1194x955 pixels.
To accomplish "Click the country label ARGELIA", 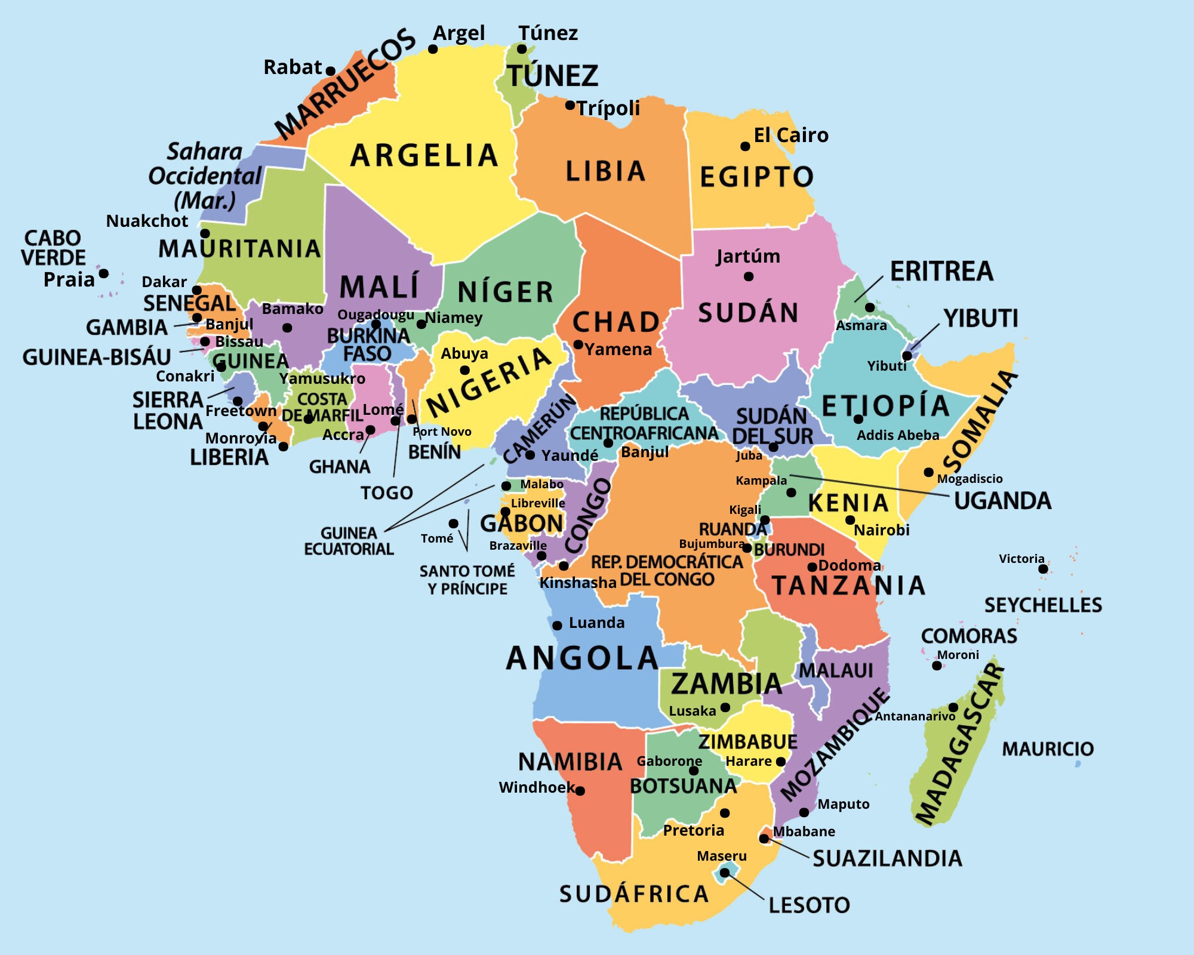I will pos(424,156).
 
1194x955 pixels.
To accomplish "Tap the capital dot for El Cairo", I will pos(745,146).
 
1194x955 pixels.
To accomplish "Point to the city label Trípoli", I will pos(608,108).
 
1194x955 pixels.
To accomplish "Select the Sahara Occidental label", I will pos(204,175).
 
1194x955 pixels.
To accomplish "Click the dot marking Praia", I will pos(103,273).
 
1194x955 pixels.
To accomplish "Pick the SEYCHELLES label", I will pos(1043,605).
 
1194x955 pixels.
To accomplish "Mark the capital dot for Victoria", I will pos(1043,569).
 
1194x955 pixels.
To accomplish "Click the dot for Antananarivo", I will pos(953,707).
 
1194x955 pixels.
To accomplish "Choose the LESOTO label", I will pos(809,905).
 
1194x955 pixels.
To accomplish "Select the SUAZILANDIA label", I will pos(887,859).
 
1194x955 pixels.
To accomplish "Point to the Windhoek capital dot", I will pos(580,791).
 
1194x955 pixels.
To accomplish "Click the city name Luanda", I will pos(596,623).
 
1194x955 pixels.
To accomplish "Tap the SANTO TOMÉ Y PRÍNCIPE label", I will pos(467,580).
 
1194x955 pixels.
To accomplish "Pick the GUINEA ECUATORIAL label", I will pos(349,541).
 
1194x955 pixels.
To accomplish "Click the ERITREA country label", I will pos(941,272).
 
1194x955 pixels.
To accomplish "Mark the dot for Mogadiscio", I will pos(928,472).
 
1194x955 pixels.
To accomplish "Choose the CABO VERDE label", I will pos(53,248).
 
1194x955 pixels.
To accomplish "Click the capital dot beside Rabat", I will pos(330,71).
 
